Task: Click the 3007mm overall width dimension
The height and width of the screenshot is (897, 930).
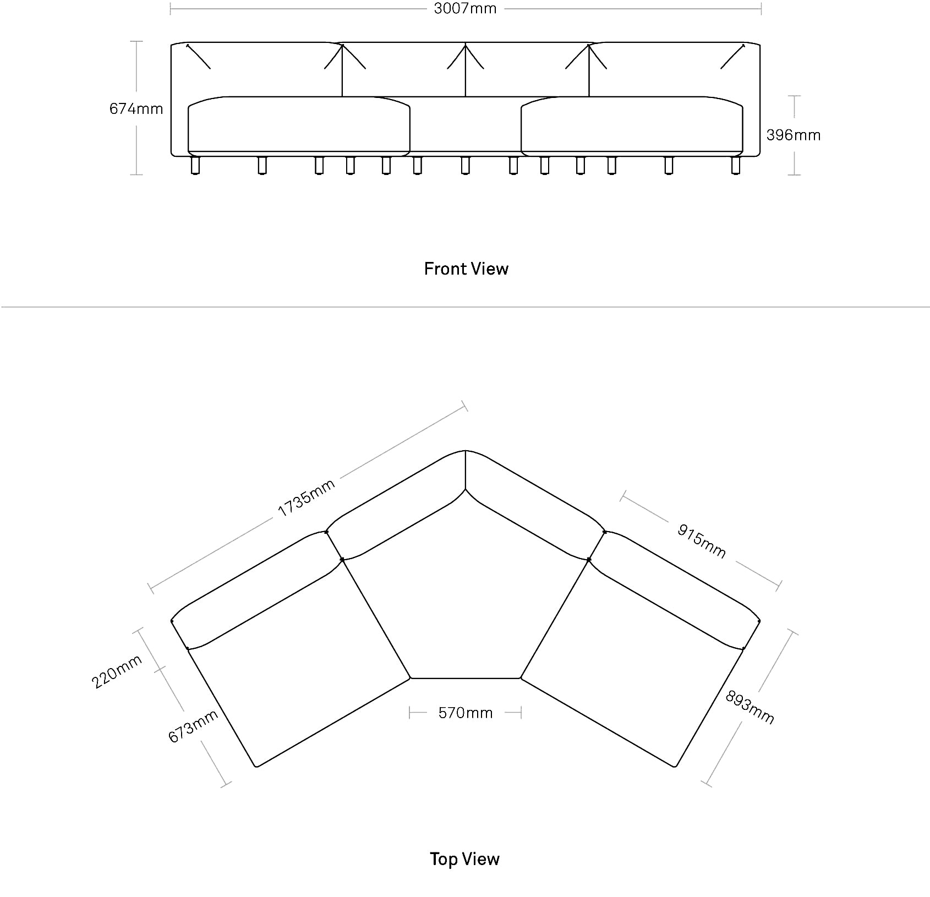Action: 465,8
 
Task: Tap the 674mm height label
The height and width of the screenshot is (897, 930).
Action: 136,108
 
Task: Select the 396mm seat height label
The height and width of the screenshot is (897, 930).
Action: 794,135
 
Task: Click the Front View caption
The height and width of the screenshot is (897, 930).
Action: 466,269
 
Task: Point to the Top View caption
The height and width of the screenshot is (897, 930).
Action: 465,858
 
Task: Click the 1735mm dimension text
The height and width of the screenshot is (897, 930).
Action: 306,498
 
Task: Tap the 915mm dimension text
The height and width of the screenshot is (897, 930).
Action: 702,540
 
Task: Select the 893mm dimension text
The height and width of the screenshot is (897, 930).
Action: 750,707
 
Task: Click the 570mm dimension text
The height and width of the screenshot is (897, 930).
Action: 466,713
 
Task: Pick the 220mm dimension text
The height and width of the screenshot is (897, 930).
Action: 117,671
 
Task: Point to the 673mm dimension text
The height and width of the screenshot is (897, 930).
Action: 193,726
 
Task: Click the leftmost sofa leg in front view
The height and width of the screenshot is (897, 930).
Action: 195,165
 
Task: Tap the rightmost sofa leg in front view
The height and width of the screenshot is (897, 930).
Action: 736,165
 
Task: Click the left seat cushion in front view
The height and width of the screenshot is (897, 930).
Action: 299,125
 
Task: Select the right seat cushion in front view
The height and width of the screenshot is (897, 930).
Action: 632,125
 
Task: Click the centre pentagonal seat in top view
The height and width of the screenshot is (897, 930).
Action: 466,594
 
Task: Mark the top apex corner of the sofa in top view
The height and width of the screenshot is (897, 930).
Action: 466,450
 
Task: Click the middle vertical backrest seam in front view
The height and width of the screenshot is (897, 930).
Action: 466,70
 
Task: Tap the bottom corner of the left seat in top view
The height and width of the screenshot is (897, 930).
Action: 256,766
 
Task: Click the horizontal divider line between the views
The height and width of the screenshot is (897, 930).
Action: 465,307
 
